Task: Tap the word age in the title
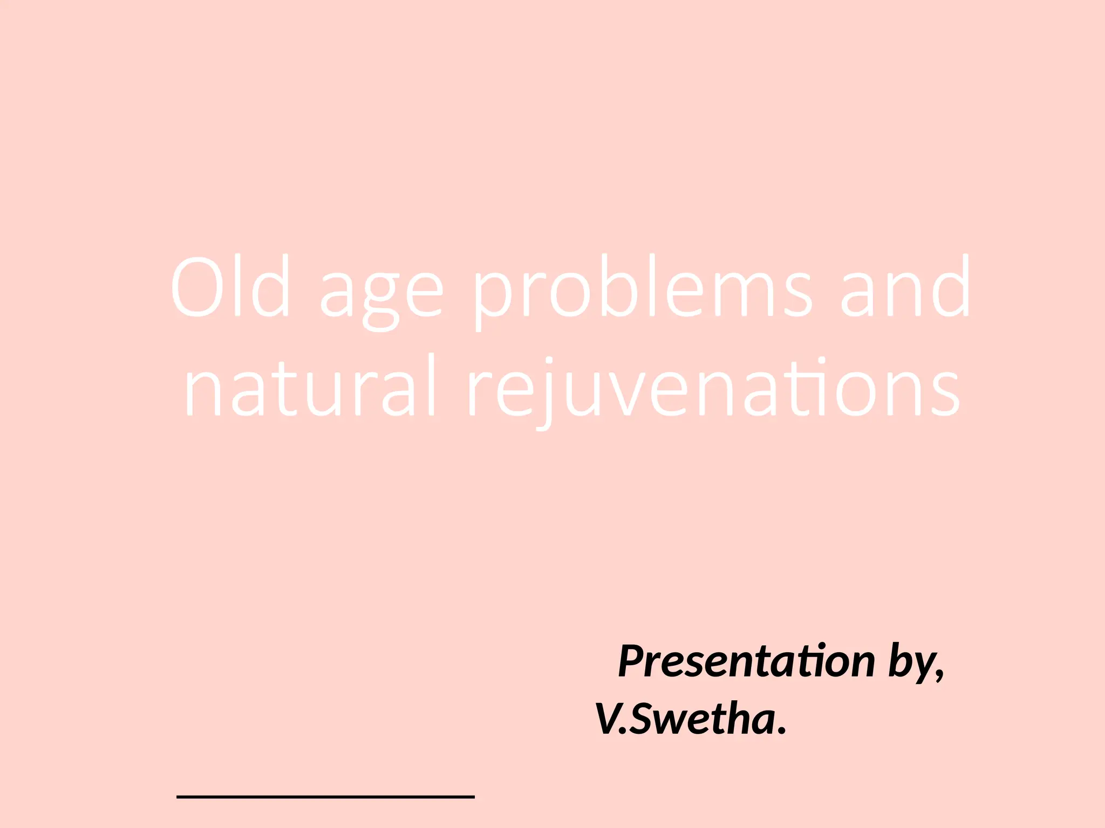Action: [381, 294]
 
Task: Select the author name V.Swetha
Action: [691, 719]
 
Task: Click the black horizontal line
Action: [325, 796]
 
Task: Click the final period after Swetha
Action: [782, 731]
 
